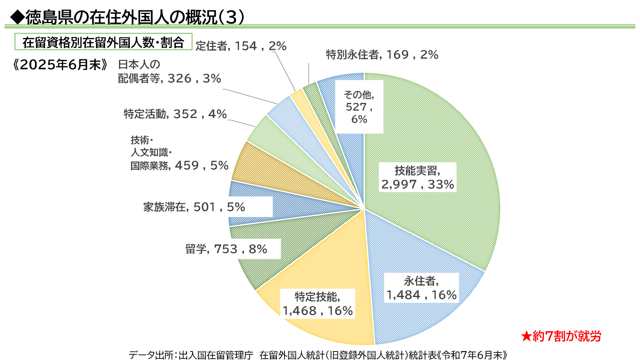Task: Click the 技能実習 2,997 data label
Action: point(417,177)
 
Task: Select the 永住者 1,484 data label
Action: point(421,288)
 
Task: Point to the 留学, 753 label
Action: point(226,249)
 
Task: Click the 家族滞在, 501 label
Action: point(194,207)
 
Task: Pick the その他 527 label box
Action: point(359,107)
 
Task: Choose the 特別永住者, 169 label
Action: point(382,55)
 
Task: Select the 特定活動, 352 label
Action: point(175,114)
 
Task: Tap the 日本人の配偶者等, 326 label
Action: point(169,72)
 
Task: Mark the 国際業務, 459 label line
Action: point(179,165)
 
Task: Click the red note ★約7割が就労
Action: point(561,336)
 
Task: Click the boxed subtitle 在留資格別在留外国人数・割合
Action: point(103,42)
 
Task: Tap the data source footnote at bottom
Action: point(318,355)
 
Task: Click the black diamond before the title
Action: point(17,17)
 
